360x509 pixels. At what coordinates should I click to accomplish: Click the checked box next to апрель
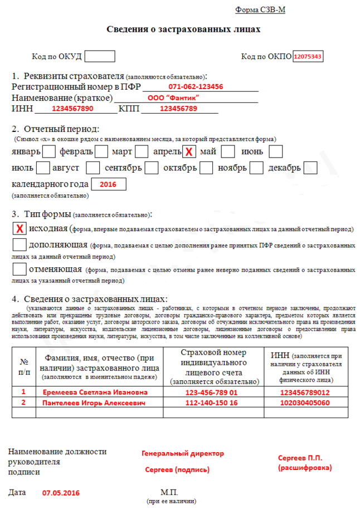(190, 151)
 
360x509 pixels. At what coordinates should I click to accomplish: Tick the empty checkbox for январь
(49, 151)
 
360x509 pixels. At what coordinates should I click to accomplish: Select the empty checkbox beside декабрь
(310, 168)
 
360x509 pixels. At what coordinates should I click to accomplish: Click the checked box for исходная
(20, 229)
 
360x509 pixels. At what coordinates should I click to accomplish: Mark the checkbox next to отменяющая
(20, 270)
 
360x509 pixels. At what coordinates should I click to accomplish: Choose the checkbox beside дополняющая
(20, 244)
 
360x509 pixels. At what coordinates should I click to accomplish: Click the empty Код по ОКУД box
(100, 56)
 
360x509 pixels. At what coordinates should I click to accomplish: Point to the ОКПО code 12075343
(308, 57)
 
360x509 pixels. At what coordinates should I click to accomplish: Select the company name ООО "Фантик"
(173, 98)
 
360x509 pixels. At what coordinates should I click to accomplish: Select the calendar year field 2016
(108, 184)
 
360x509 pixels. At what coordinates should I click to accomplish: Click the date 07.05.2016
(61, 493)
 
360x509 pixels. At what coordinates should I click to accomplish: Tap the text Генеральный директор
(183, 453)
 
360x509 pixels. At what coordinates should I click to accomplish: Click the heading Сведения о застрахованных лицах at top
(183, 29)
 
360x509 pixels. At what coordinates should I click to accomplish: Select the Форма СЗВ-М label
(260, 10)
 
